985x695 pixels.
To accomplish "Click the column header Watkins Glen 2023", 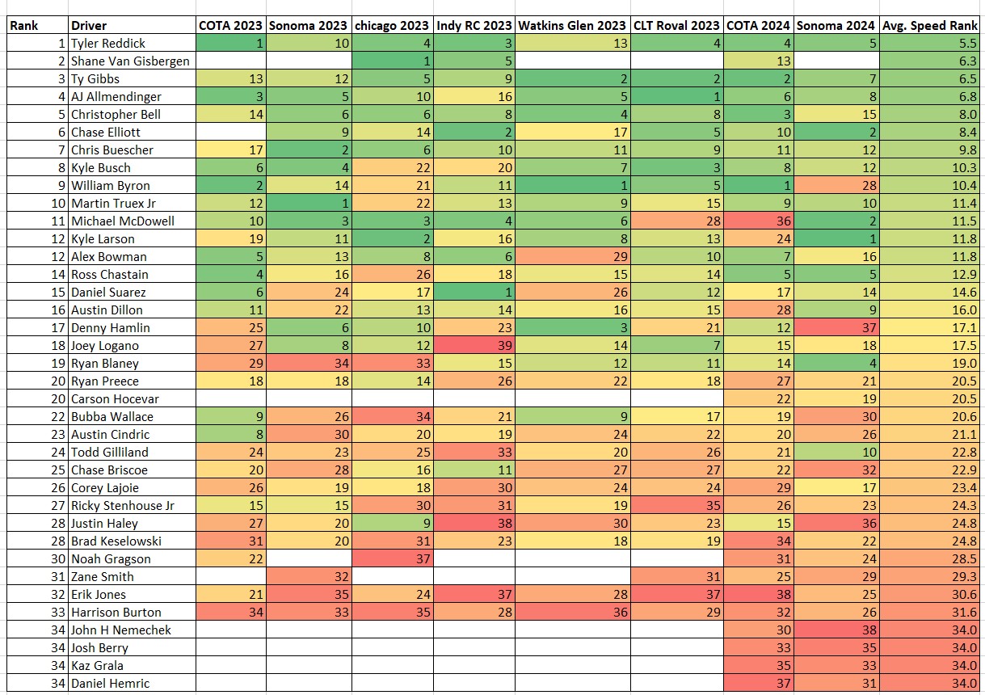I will [x=572, y=25].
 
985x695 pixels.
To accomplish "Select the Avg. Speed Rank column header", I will [x=929, y=25].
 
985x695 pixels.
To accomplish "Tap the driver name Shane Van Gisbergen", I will [x=131, y=61].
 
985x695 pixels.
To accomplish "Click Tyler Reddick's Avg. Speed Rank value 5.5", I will [x=929, y=43].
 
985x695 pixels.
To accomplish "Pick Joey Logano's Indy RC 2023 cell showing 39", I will [x=474, y=345].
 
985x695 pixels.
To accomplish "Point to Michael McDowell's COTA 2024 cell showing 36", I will [x=759, y=221].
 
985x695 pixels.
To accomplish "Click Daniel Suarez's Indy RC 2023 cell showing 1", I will [x=474, y=292].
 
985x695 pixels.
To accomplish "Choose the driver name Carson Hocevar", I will [x=115, y=398].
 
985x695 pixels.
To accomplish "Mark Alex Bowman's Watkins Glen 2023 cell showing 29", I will [x=572, y=256].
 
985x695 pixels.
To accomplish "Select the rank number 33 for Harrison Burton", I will [x=53, y=612].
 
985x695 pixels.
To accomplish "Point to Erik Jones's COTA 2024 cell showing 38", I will [x=759, y=594].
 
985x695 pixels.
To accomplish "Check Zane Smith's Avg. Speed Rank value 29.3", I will [x=929, y=576].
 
